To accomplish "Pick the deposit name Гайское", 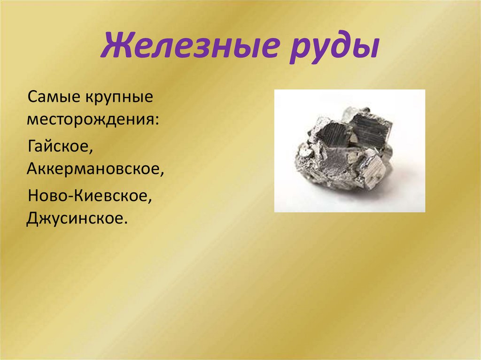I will coord(58,146).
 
